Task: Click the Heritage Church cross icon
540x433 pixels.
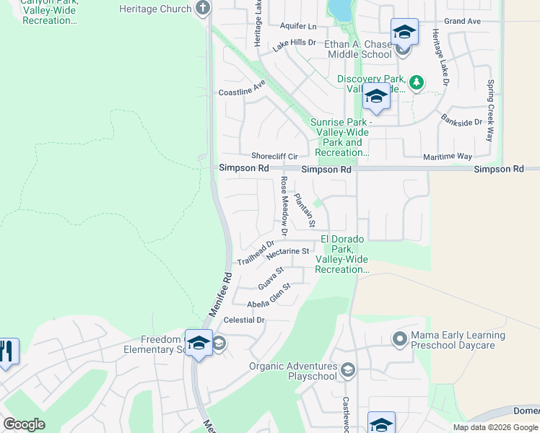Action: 203,8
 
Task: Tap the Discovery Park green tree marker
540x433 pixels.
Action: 416,83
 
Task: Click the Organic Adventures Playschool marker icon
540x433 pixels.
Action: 348,371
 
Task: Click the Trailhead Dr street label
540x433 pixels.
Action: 256,253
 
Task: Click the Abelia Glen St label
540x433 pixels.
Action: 269,296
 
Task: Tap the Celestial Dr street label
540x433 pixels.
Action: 245,320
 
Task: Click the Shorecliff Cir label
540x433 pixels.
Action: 274,156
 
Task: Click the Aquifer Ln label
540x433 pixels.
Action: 298,25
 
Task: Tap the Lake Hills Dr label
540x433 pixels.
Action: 295,46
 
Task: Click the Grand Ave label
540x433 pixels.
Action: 462,22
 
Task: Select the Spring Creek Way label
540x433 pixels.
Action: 490,110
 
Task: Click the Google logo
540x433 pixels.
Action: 25,424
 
